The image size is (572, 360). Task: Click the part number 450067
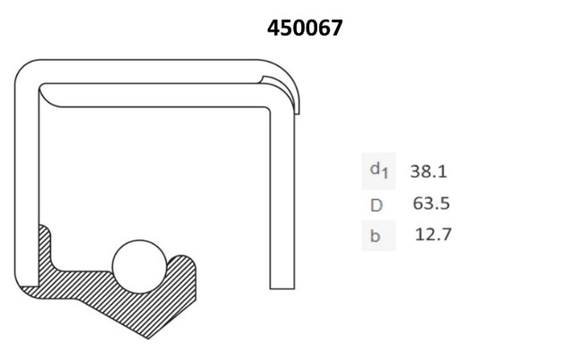[x=305, y=28]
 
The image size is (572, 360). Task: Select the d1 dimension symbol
[x=379, y=171]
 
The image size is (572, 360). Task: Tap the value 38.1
[x=429, y=171]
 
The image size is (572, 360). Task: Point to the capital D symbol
[x=376, y=205]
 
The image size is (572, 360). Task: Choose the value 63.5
[x=431, y=203]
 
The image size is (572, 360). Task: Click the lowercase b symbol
[x=375, y=236]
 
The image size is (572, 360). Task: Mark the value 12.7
[x=433, y=234]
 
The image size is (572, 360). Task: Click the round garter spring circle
[x=139, y=266]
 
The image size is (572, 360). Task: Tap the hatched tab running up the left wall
[x=45, y=248]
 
